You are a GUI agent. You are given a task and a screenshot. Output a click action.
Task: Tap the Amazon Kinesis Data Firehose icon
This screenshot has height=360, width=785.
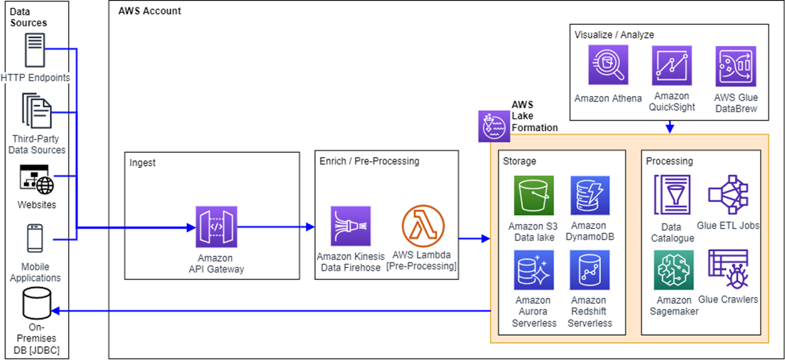pos(351,226)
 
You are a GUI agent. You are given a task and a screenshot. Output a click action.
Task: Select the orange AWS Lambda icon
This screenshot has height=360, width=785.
pos(422,226)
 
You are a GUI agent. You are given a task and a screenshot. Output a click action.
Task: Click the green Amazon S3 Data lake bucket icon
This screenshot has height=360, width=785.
pos(533,196)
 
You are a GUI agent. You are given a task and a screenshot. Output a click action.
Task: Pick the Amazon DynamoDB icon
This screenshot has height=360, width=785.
pos(589,196)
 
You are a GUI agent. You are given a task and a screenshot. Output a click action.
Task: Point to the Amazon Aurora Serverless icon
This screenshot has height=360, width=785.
pos(533,271)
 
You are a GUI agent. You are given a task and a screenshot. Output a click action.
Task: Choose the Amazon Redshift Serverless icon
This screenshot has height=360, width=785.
pos(589,271)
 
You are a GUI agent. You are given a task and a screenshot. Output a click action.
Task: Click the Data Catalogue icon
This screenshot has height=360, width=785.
pos(672,194)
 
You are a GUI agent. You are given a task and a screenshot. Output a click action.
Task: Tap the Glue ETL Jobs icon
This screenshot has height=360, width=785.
pos(727,195)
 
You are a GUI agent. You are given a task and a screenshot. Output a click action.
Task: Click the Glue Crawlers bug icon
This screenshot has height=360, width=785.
pos(727,270)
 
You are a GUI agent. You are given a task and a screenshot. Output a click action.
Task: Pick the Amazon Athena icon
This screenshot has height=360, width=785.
pos(608,66)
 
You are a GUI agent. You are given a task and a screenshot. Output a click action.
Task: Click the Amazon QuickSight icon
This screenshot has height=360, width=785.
pos(671,66)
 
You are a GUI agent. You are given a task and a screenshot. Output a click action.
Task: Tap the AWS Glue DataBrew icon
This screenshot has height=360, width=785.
pos(736,66)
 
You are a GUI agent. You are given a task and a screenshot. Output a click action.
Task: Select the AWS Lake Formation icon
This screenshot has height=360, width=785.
pos(494,126)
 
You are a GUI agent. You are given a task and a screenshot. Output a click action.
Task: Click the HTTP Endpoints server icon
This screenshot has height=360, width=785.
pos(35,49)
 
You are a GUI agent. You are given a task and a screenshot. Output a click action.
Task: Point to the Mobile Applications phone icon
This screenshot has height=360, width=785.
pos(35,239)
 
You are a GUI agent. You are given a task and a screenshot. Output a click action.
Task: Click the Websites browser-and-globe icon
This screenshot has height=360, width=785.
pos(37,179)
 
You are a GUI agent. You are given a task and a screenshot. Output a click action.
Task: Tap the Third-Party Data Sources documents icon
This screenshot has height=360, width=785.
pos(37,112)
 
